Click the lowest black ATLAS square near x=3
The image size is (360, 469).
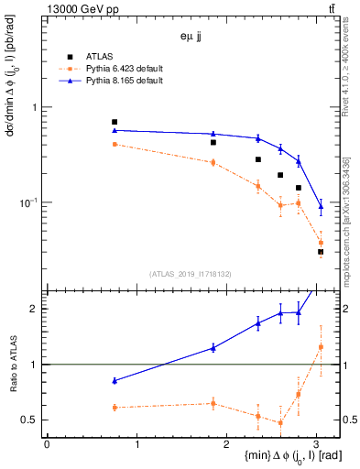point(321,251)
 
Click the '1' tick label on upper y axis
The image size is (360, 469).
point(34,107)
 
